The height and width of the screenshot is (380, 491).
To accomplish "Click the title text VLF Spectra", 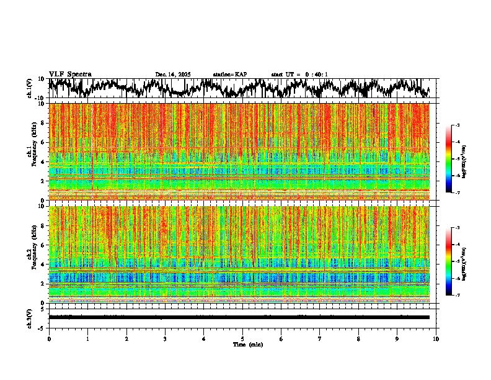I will pos(70,75).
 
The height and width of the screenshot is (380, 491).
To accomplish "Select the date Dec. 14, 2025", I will pos(173,75).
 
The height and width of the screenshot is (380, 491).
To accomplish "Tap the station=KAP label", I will pos(229,75).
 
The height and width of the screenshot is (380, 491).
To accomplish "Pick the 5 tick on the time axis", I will pos(242,338).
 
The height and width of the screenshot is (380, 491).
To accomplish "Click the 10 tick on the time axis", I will pos(436,338).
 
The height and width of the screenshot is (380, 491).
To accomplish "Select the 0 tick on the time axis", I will pos(49,338).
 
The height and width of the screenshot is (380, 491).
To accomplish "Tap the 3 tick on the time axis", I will pos(165,338).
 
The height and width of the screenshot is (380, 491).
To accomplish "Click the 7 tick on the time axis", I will pos(320,338).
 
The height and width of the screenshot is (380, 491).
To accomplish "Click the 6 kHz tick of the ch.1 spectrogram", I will pos(43,142).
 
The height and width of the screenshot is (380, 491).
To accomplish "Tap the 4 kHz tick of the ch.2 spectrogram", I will pos(43,265).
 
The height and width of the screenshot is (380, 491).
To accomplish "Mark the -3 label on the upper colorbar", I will pos(457,125).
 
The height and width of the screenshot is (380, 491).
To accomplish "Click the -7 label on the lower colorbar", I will pos(457,296).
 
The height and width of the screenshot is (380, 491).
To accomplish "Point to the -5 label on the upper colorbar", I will pos(457,159).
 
